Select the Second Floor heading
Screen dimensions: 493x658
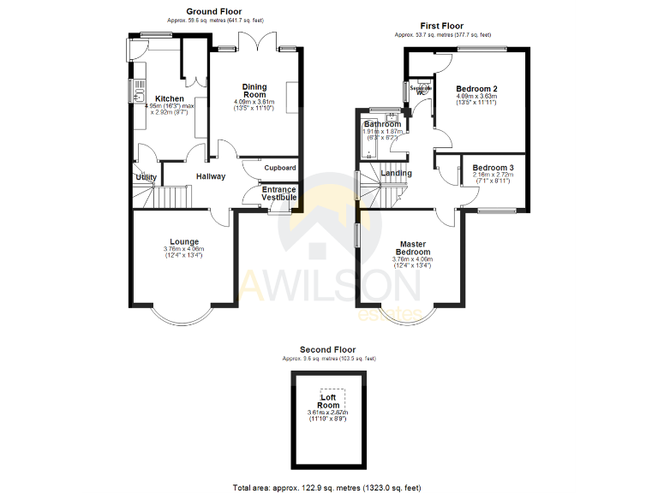click(x=326, y=350)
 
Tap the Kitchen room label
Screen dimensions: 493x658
click(x=169, y=98)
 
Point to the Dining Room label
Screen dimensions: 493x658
click(x=254, y=91)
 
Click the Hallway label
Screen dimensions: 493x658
click(x=211, y=176)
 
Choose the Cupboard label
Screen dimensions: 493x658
click(x=279, y=168)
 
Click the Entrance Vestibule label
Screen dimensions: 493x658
click(x=279, y=193)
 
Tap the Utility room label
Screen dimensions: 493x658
click(x=146, y=177)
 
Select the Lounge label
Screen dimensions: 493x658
click(x=184, y=241)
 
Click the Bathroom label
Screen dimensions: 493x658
click(x=381, y=124)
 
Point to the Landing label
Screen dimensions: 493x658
click(x=396, y=173)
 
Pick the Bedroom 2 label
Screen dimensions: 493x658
click(x=476, y=89)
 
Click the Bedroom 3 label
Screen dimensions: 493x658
click(x=493, y=168)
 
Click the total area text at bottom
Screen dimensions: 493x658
click(x=326, y=487)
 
